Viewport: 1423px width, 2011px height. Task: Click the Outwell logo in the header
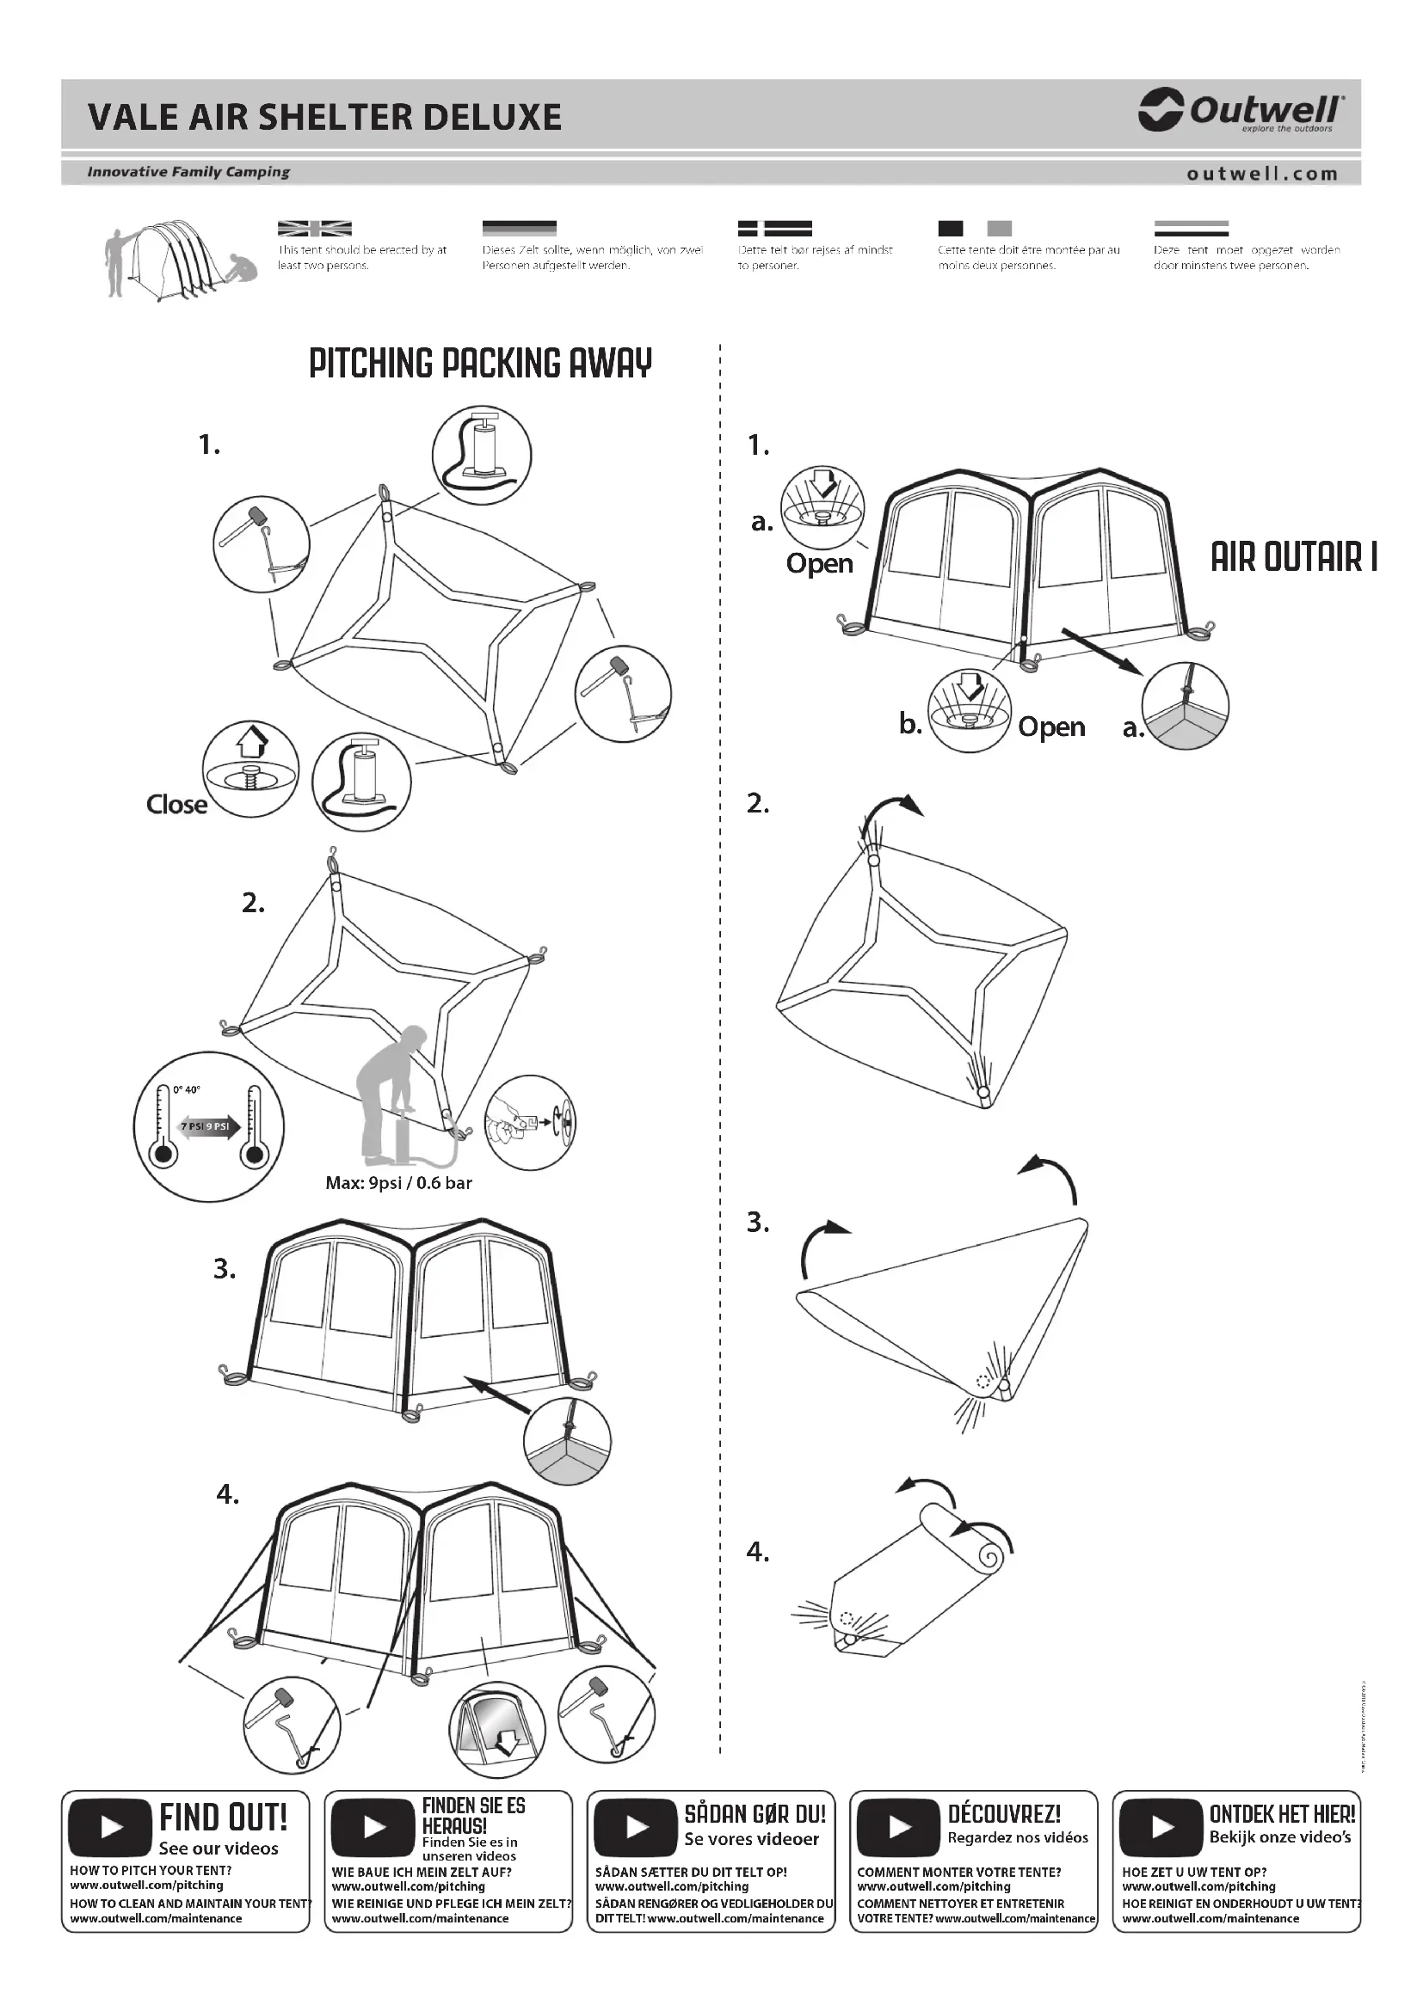(x=1239, y=111)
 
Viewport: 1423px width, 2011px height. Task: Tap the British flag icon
(x=314, y=229)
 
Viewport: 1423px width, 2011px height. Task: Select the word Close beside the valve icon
(x=176, y=804)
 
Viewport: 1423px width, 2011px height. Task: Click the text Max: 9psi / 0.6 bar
(x=398, y=1182)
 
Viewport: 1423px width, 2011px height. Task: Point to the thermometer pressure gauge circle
(x=208, y=1126)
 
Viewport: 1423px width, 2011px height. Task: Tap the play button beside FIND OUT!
(x=110, y=1827)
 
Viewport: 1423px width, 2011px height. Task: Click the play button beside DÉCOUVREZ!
(x=898, y=1827)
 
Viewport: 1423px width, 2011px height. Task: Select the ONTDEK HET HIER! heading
(x=1282, y=1814)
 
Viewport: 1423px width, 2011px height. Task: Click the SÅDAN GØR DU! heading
(x=755, y=1814)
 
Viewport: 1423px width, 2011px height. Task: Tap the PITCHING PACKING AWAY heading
(x=480, y=364)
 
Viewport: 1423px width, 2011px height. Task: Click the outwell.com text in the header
(x=1262, y=174)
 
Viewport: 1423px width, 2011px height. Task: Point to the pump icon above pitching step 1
(x=481, y=455)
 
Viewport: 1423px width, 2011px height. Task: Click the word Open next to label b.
(x=1051, y=727)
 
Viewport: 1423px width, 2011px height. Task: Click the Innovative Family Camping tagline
(x=188, y=172)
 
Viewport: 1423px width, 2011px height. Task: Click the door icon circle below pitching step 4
(x=496, y=1729)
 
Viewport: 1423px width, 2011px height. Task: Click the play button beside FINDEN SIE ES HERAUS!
(x=373, y=1827)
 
